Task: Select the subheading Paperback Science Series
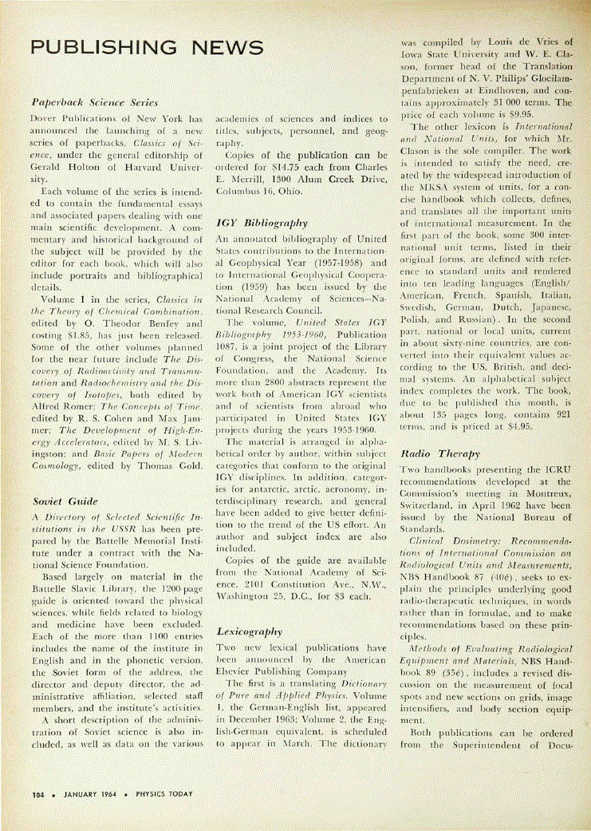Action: [x=94, y=102]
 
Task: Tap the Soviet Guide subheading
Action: [x=65, y=501]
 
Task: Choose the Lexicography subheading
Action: [x=250, y=631]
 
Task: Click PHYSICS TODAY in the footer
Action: [x=164, y=794]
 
